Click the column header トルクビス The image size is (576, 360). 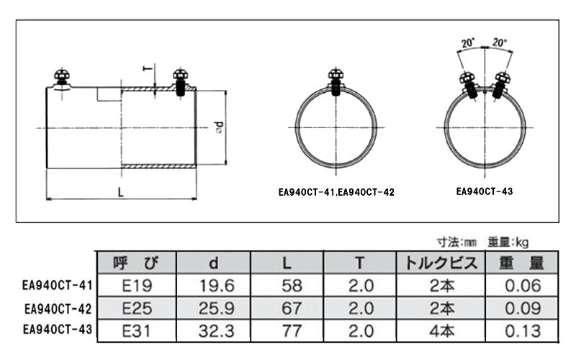[x=441, y=263]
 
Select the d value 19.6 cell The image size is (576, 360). [x=217, y=285]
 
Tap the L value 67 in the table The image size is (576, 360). [x=292, y=308]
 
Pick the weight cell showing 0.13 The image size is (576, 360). [x=523, y=331]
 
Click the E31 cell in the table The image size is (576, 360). [x=136, y=331]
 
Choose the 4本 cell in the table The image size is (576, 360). [x=441, y=331]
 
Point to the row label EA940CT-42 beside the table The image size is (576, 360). [x=58, y=309]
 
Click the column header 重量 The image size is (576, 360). [x=521, y=263]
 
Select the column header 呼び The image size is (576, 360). [x=136, y=263]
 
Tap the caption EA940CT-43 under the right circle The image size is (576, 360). [x=484, y=192]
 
